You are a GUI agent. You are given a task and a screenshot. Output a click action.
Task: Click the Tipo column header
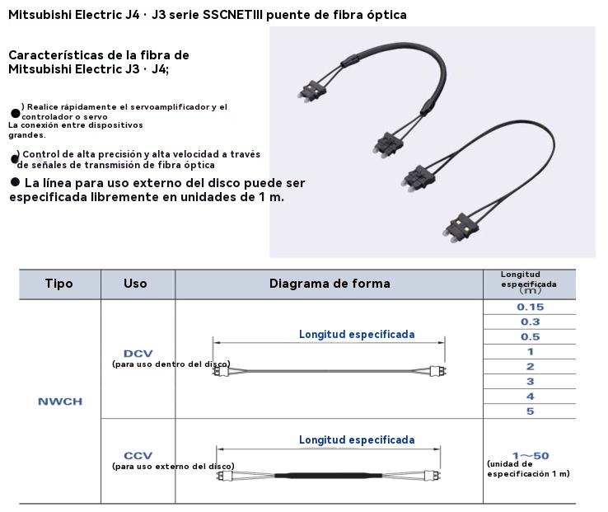[59, 284]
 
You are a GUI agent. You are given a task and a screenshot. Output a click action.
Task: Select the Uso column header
[135, 284]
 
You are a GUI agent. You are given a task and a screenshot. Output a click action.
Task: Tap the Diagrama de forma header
[330, 284]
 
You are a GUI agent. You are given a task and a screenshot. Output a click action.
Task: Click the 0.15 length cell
[530, 307]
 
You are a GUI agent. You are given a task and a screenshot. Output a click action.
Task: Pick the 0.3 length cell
[530, 322]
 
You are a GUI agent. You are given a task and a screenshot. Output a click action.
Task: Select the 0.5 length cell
[530, 336]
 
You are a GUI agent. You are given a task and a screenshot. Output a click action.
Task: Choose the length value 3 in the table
[530, 382]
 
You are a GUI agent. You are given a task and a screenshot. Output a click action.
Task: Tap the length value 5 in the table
[530, 411]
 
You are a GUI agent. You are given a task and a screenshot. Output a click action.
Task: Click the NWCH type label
[60, 402]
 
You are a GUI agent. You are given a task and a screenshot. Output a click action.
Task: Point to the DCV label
[138, 354]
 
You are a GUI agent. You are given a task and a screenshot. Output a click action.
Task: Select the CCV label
[138, 456]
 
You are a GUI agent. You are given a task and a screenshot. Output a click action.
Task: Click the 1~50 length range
[531, 456]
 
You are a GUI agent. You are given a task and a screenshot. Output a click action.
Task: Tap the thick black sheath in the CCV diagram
[329, 475]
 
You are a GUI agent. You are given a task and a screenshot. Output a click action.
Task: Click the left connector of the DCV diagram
[222, 372]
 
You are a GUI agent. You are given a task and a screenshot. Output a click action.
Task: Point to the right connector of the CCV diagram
[433, 475]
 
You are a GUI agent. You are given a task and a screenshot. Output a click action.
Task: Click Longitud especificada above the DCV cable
[357, 334]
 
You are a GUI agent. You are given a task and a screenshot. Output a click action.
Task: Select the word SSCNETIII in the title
[232, 15]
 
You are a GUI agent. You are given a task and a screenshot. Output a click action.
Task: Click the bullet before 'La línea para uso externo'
[15, 182]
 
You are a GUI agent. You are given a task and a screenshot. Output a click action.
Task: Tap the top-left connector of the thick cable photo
[311, 92]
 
